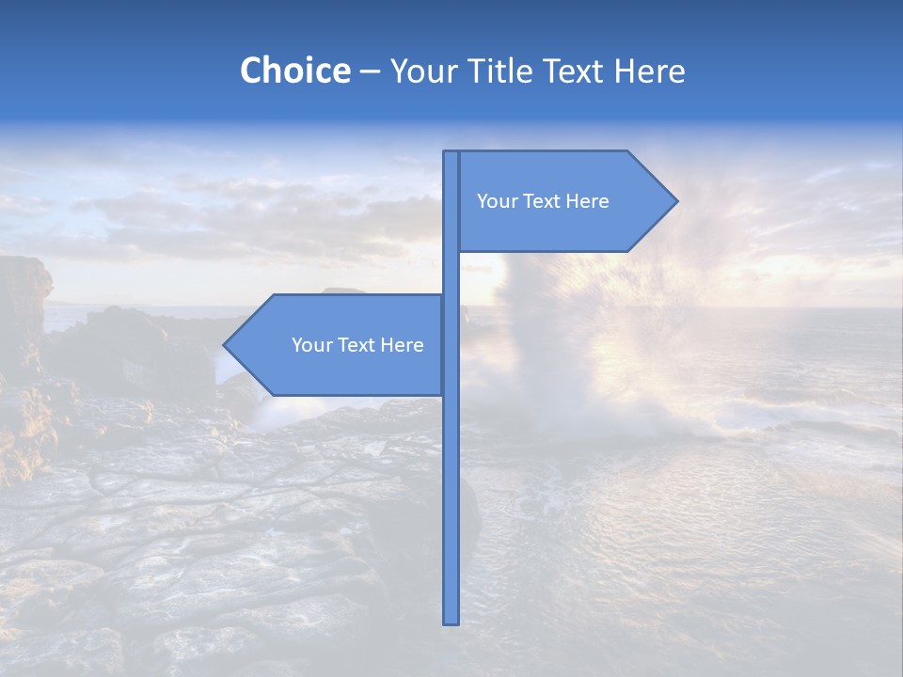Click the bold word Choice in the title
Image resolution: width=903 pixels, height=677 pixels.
click(294, 71)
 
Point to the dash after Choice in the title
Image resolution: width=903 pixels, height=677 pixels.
click(370, 72)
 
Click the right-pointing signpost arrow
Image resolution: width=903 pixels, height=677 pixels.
click(564, 201)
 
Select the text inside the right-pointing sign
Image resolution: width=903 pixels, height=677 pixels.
click(543, 201)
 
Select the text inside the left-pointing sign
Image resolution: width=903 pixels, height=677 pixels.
click(357, 345)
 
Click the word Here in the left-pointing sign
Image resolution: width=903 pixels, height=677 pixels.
click(402, 345)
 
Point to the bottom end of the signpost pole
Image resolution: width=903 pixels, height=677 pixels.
click(451, 621)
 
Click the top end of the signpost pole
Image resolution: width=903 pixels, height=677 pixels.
click(451, 154)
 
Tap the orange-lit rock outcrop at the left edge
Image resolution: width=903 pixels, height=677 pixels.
click(24, 310)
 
